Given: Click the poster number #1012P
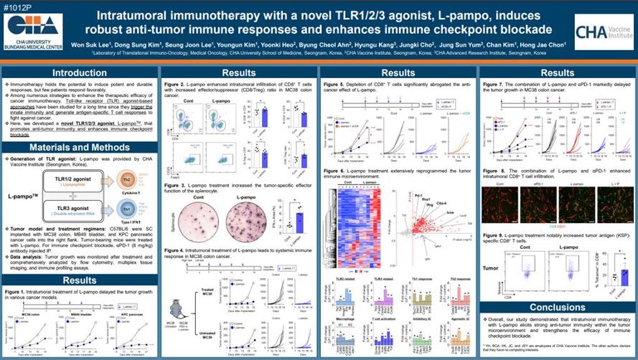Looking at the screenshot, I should pos(17,6).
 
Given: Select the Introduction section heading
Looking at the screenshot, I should pos(80,72).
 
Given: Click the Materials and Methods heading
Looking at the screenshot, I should pos(80,147).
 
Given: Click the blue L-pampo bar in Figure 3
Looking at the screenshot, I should pos(290,222).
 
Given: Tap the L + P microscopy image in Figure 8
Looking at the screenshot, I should pos(609,203).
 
